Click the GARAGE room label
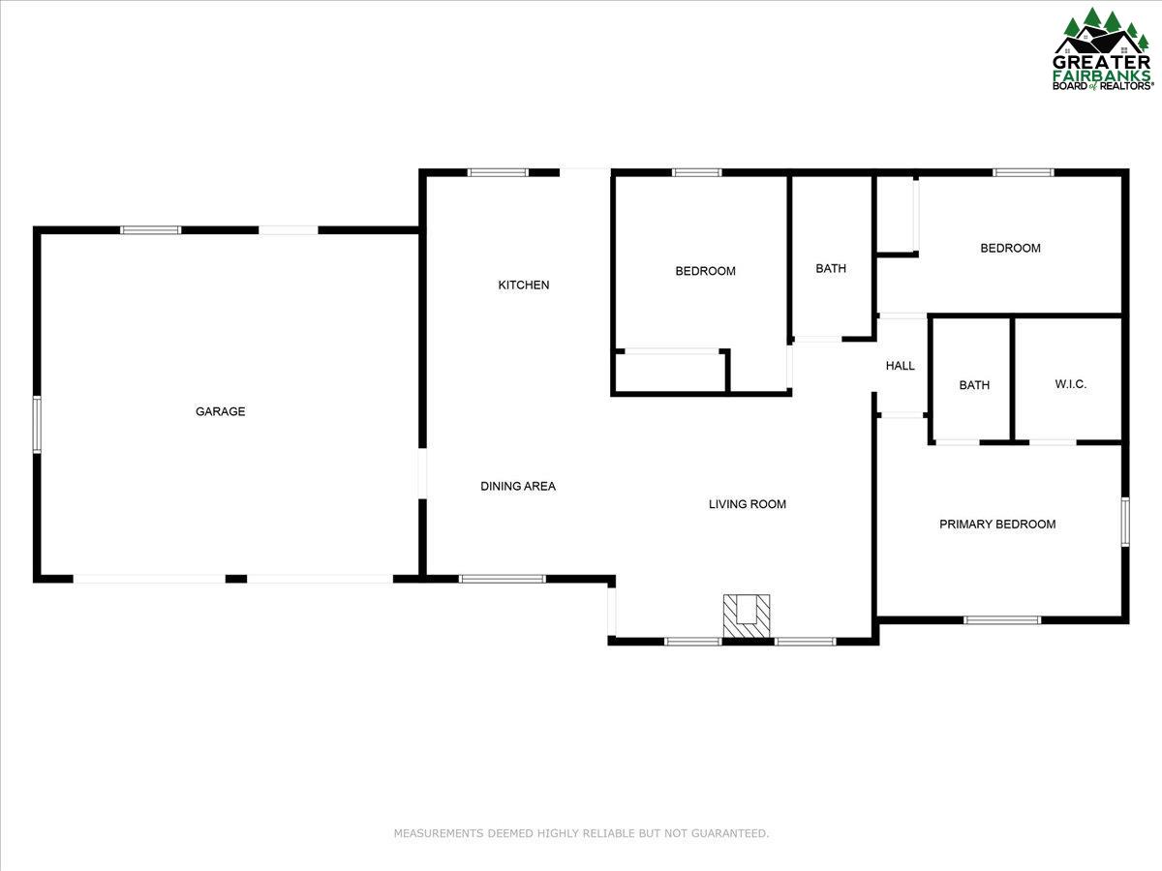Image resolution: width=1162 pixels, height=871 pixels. point(220,411)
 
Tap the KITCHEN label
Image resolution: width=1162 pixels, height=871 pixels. point(524,285)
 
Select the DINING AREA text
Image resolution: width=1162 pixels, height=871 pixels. point(518,486)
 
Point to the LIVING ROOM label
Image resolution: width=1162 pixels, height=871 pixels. point(747,504)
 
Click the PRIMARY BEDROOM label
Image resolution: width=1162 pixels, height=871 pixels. point(997,525)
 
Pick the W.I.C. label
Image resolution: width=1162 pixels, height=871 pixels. point(1070,384)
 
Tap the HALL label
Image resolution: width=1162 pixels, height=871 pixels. point(900,366)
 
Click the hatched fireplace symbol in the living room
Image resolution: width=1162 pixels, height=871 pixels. point(747,616)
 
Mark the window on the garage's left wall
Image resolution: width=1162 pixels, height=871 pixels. point(37,425)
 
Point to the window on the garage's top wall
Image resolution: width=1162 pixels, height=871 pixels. point(151,230)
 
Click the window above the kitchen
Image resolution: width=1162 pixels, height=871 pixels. point(498,172)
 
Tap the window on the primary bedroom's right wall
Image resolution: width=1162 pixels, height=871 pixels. point(1125,522)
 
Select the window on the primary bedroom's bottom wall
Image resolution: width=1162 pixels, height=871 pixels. point(1002,620)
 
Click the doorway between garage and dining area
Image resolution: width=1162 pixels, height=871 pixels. point(422,473)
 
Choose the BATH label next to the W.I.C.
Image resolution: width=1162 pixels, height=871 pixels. point(974,385)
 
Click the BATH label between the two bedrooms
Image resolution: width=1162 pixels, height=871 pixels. point(831,269)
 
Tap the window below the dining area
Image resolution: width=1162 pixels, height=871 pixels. point(502,579)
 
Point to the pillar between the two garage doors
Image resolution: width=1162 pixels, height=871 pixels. point(236,579)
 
